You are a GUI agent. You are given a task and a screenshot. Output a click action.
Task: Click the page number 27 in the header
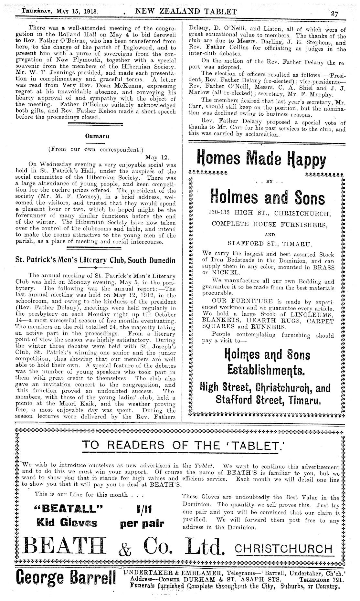click(334, 13)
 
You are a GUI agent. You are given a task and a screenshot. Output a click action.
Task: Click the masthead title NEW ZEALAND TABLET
click(186, 12)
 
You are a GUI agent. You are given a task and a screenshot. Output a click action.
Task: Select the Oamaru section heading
click(97, 136)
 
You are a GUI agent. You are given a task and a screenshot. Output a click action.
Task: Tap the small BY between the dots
click(270, 182)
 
